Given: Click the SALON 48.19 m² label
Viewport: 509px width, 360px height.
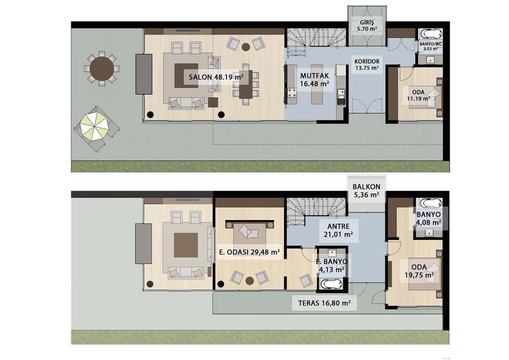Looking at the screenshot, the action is (216, 78).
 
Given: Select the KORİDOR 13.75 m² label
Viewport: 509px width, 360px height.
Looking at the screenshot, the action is (367, 65).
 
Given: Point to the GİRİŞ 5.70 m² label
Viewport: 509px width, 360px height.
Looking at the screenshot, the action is (367, 25).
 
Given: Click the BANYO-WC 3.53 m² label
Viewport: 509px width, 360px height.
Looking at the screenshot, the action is (430, 46).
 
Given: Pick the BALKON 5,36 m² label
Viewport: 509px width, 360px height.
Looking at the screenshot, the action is (366, 191).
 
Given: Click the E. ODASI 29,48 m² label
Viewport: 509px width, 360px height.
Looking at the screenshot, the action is (249, 252).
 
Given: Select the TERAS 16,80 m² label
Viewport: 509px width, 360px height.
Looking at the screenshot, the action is (324, 303).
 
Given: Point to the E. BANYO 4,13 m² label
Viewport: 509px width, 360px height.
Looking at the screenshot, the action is (331, 265).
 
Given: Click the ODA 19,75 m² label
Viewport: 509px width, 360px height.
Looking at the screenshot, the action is (419, 271).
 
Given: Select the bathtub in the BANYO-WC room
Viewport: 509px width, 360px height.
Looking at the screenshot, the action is (430, 34).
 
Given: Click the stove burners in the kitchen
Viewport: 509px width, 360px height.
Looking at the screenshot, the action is (291, 94).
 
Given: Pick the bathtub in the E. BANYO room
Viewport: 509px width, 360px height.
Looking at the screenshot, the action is (331, 284).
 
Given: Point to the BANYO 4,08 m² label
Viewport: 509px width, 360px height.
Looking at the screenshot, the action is (429, 218).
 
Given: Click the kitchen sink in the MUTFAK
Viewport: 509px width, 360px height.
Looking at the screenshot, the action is (340, 96).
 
